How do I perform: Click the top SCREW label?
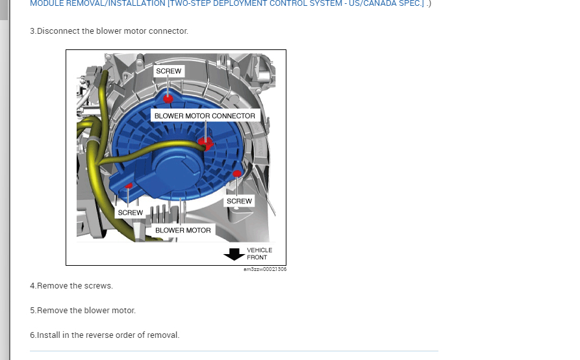point(169,70)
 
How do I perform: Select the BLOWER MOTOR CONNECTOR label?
point(205,116)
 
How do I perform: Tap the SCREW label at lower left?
point(130,212)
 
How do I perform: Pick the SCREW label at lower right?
point(239,201)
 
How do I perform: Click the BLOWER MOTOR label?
point(183,230)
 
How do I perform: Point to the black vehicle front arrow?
point(233,254)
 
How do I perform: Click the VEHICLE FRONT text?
point(259,253)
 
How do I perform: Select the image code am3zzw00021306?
point(264,269)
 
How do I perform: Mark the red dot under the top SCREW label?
point(168,99)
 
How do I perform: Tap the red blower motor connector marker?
point(206,142)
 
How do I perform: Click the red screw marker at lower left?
point(129,186)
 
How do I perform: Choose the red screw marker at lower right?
point(237,174)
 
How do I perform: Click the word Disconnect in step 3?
point(59,31)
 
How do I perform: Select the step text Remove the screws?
point(75,286)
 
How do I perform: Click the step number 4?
point(32,286)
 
